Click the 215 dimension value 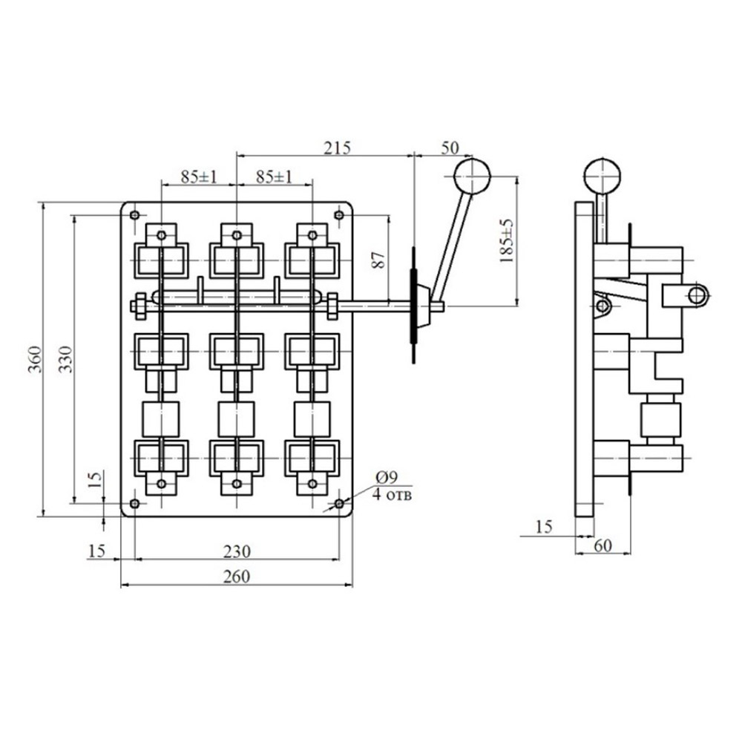click(x=337, y=146)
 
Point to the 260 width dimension click(x=236, y=576)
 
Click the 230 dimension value click(x=236, y=551)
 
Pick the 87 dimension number click(x=378, y=260)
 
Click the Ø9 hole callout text click(x=388, y=477)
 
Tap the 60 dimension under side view click(x=603, y=545)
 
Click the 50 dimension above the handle click(x=450, y=146)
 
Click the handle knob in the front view click(x=473, y=177)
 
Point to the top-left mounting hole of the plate click(x=134, y=216)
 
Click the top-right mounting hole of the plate click(x=339, y=216)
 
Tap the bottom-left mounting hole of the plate click(x=134, y=503)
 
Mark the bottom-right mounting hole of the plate click(x=339, y=503)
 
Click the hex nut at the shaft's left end click(x=139, y=305)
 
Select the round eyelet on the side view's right click(x=697, y=295)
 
